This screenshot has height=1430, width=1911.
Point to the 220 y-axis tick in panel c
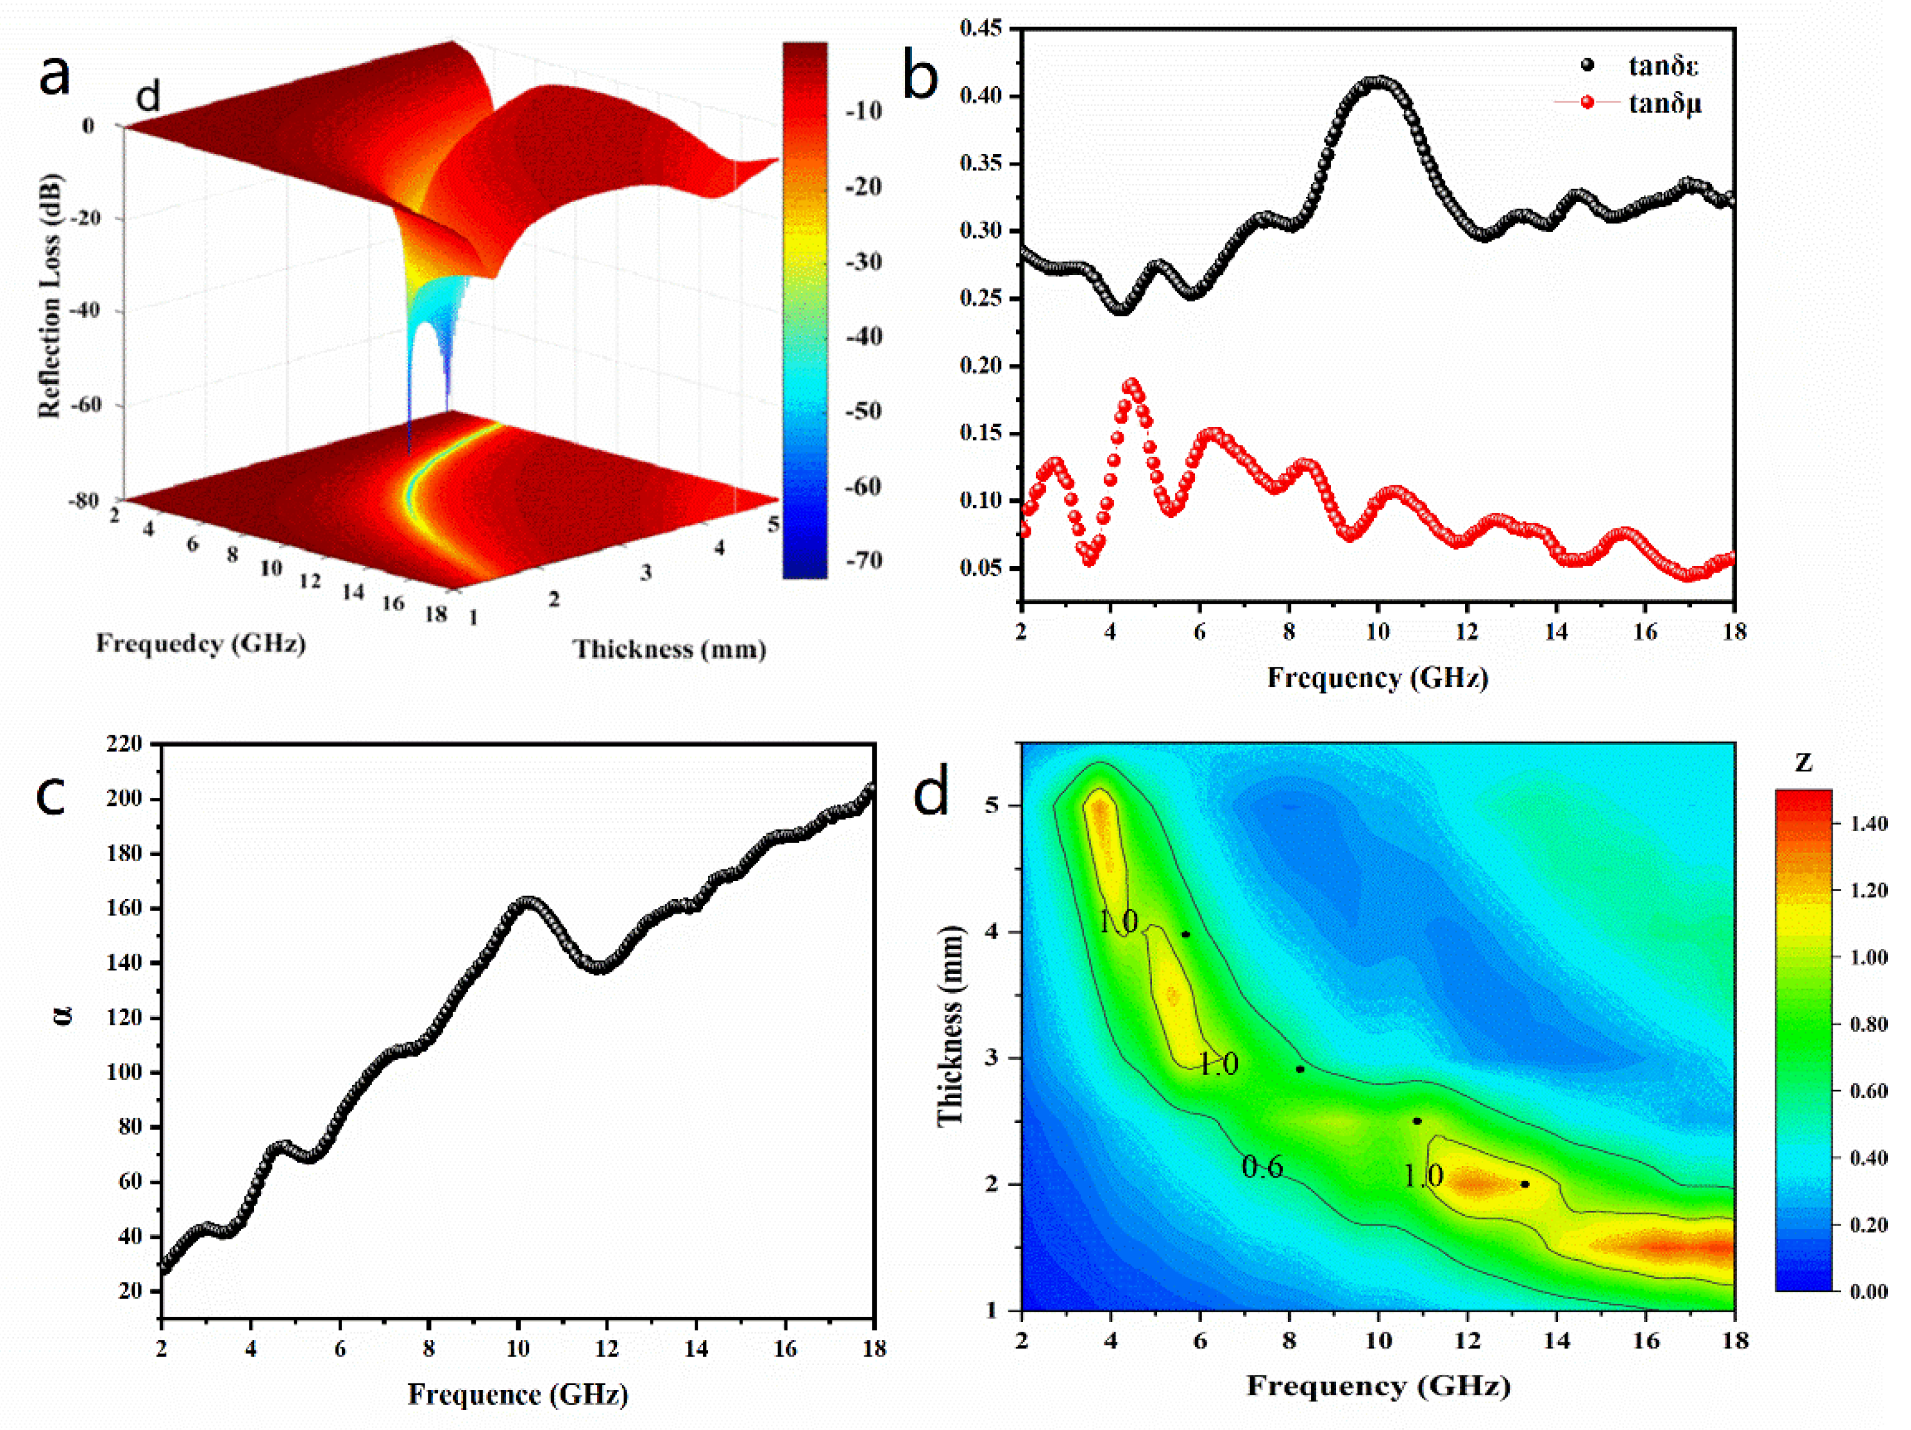point(124,743)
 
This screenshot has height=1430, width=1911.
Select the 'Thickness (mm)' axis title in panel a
point(670,649)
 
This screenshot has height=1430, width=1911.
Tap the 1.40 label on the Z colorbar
point(1869,823)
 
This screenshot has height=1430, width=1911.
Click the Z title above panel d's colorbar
point(1803,762)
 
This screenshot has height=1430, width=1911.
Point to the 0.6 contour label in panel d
point(1262,1168)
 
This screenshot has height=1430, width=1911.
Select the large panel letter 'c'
point(51,795)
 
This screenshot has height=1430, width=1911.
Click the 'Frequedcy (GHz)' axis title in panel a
point(200,644)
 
